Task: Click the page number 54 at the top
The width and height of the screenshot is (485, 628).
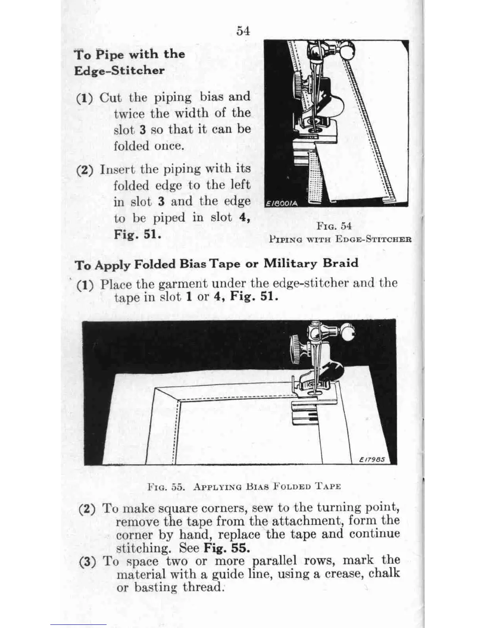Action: pos(243,31)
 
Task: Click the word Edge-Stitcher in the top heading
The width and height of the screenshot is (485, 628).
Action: pos(119,71)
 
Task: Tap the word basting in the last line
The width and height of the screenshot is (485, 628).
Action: pos(156,587)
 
